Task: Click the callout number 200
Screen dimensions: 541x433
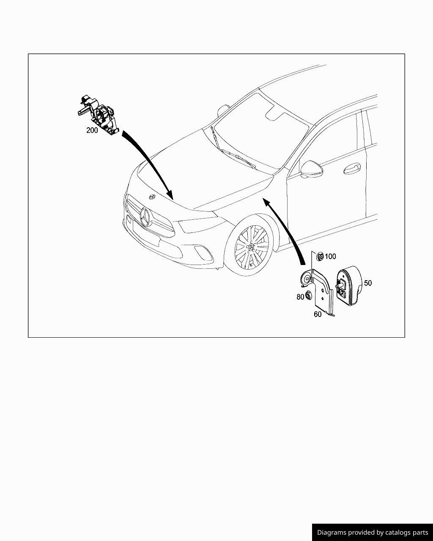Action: coord(92,130)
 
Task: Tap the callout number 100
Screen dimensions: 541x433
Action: coord(330,257)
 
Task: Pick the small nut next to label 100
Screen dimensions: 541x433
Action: coord(320,256)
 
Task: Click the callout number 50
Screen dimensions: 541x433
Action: coord(367,283)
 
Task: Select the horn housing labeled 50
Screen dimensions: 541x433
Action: coord(349,286)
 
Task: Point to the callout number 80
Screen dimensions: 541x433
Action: coord(300,297)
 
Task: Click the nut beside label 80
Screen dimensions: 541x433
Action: coord(309,295)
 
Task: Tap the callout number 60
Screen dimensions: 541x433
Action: coord(318,314)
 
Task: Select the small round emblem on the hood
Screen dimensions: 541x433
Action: coord(151,197)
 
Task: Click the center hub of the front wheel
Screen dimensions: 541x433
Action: coord(251,247)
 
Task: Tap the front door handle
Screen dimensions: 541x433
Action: coord(351,169)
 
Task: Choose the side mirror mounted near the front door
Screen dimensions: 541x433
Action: coord(312,169)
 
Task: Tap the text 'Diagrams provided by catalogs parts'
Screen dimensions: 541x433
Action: coord(373,532)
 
